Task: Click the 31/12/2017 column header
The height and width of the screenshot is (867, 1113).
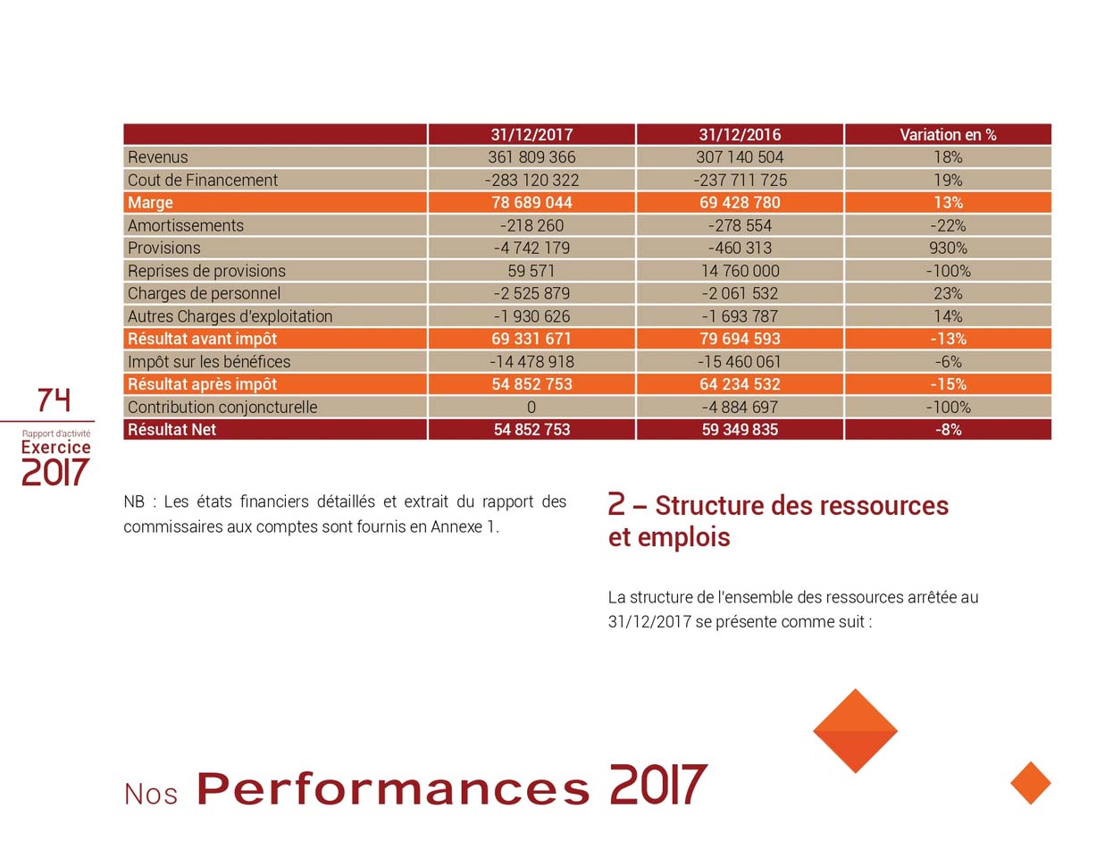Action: click(x=531, y=135)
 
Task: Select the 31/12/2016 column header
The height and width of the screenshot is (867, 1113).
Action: click(x=740, y=135)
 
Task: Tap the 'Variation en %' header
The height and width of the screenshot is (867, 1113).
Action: click(x=948, y=135)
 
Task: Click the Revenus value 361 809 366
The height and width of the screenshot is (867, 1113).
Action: click(x=531, y=157)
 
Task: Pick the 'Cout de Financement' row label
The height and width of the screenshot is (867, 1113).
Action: click(x=203, y=181)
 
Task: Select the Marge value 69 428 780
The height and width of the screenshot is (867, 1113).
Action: click(x=740, y=203)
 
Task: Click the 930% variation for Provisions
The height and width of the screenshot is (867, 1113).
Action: click(x=948, y=248)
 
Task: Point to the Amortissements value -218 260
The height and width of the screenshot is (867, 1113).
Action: click(x=531, y=226)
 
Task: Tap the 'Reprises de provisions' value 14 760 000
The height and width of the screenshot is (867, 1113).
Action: click(x=740, y=271)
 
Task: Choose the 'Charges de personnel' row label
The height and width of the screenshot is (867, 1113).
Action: click(x=204, y=294)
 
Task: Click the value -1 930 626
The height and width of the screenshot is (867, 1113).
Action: click(x=531, y=316)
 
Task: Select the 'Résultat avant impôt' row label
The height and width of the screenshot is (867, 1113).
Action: click(x=202, y=339)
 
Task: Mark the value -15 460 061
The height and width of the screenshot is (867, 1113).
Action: click(x=740, y=362)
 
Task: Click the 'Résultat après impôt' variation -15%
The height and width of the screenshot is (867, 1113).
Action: click(x=948, y=384)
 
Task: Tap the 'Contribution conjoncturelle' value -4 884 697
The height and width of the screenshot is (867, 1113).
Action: click(x=740, y=408)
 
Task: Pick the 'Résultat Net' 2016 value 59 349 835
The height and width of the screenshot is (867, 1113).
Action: click(x=740, y=430)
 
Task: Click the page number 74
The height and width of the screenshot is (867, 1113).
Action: click(x=54, y=400)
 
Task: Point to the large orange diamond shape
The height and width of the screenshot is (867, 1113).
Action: click(x=855, y=730)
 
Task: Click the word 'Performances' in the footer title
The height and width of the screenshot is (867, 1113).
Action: click(x=393, y=788)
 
